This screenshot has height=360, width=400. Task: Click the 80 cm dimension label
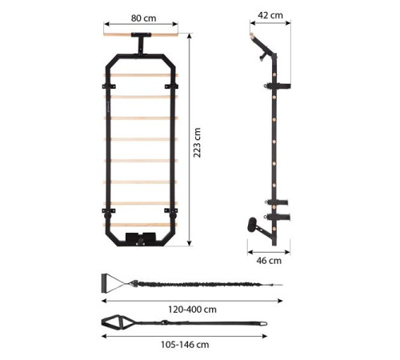point(143,18)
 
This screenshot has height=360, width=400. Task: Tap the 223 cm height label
point(197,142)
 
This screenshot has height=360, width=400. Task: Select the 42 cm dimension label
point(270,15)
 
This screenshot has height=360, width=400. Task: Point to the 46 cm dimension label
point(269,261)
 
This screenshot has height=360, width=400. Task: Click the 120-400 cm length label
point(192,310)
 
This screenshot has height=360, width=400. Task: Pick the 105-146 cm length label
point(185,345)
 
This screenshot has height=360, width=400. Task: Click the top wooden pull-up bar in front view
point(141,34)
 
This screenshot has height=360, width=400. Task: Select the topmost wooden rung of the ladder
point(141,75)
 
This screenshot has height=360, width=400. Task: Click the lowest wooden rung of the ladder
point(140,225)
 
